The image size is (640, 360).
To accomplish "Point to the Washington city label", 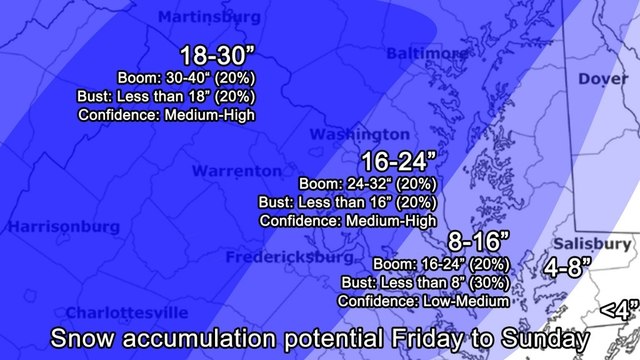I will click(359, 134).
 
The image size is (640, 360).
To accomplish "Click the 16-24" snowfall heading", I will click(400, 160).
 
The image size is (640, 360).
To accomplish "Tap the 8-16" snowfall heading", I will click(479, 241).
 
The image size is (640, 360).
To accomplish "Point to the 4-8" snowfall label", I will click(567, 267).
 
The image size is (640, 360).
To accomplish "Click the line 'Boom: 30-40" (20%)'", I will click(175, 78).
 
